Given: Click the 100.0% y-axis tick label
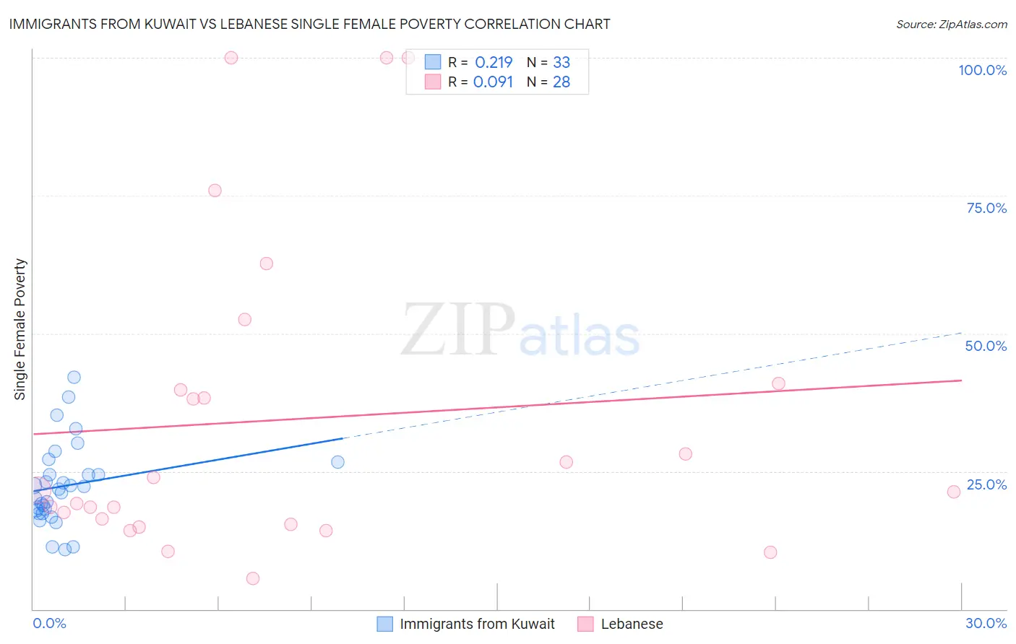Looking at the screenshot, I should point(982,70).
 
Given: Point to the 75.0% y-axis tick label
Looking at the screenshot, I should point(986,208).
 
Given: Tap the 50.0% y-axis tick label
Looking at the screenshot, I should point(986,346).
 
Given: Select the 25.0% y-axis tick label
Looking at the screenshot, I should point(986,484).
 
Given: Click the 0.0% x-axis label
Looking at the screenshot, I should point(49,623).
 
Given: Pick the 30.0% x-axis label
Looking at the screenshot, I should point(986,623).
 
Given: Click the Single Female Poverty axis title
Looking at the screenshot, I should point(20,329).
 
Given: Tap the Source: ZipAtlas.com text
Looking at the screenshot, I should point(951,25).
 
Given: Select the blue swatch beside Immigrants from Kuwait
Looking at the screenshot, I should point(385,624).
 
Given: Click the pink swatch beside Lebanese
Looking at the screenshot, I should point(585,624).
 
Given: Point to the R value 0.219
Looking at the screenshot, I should point(494,63).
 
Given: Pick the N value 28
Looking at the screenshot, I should point(561,82).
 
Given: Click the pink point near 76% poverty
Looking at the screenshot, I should point(215,191).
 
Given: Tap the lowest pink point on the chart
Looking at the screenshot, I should point(253,578).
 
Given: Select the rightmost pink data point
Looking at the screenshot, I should point(954,492).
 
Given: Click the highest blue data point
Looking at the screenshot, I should point(74,377).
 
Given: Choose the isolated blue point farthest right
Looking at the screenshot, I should point(337,462).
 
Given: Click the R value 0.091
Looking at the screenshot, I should point(493,82).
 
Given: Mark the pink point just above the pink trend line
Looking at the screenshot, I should point(778,383).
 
